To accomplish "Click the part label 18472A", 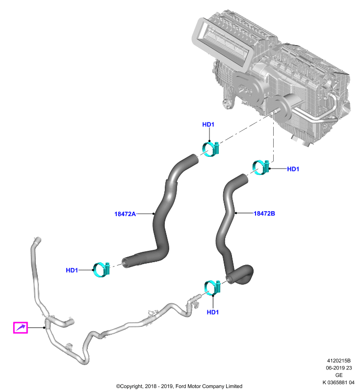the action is click(125, 214).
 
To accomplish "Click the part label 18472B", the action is click(264, 214).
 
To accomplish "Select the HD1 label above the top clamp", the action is click(208, 124).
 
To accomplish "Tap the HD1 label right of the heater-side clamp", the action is click(293, 169).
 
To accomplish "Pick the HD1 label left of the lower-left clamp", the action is click(72, 270).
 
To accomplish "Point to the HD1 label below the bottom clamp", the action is click(213, 312).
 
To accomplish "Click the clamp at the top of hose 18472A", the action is click(210, 149).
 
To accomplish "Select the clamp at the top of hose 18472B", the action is click(260, 168).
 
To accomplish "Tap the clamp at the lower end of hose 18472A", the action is click(102, 269).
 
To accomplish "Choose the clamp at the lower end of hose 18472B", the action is click(213, 288).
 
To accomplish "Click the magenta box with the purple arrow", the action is click(20, 327).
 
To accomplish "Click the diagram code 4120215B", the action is click(339, 361).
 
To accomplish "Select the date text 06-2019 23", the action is click(339, 368).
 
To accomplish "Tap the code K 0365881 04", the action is click(338, 383).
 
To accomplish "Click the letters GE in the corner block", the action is click(339, 375).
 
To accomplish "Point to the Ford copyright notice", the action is click(179, 386).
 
